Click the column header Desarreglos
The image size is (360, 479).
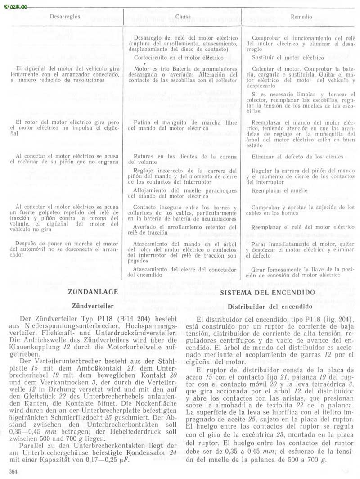(x=65, y=16)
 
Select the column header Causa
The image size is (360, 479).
(x=182, y=17)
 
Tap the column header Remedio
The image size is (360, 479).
(x=301, y=17)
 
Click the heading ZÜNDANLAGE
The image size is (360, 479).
(x=93, y=292)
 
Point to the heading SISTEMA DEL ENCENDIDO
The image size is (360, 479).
(x=267, y=292)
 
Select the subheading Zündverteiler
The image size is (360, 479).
(x=92, y=306)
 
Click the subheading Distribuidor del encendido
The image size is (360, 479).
(x=270, y=306)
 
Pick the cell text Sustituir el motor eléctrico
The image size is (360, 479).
(x=288, y=58)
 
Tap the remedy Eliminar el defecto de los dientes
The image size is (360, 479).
(x=297, y=157)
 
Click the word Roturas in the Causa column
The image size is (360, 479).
(x=144, y=157)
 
